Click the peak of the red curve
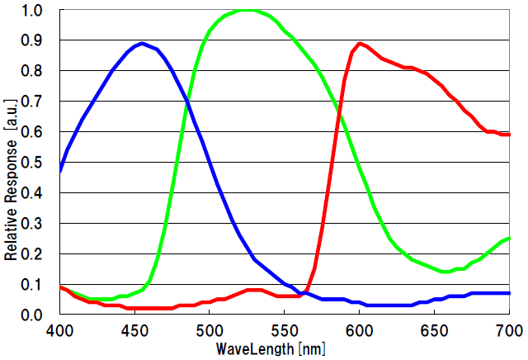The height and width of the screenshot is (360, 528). (360, 43)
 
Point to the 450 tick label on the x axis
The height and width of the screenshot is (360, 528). (134, 329)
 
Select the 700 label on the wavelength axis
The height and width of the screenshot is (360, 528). (509, 329)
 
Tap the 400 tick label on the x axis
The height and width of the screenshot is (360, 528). (59, 329)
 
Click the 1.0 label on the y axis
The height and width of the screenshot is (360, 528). (33, 12)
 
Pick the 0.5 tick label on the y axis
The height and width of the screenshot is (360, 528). (33, 163)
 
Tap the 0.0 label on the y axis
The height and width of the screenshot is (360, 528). (33, 315)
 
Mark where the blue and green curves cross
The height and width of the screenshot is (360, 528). (187, 100)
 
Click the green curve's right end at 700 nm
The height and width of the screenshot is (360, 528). (510, 239)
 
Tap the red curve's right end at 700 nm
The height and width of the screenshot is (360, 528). (510, 135)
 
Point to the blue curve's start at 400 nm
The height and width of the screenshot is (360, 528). (60, 171)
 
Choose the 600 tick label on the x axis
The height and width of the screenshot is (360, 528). (359, 329)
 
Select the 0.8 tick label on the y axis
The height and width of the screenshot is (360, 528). (33, 72)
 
